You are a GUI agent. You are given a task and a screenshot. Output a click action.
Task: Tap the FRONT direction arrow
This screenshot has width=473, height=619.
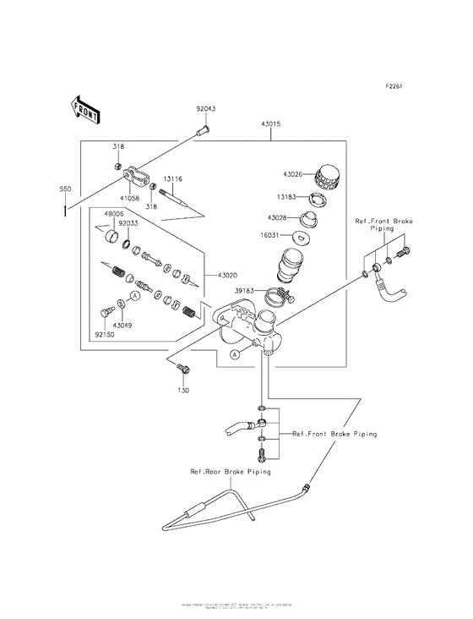[85, 109]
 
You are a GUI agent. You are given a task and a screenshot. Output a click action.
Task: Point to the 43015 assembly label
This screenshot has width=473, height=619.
[270, 124]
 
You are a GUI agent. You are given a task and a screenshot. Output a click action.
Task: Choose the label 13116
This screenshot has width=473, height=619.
[173, 179]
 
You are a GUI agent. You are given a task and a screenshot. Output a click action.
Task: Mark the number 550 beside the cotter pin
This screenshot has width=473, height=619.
[65, 188]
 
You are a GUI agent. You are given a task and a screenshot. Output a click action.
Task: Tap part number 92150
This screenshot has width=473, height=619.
[105, 334]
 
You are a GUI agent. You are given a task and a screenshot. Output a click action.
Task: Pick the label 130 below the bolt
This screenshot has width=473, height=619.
[183, 392]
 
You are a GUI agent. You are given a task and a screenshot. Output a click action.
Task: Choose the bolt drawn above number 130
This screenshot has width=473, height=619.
[183, 367]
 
